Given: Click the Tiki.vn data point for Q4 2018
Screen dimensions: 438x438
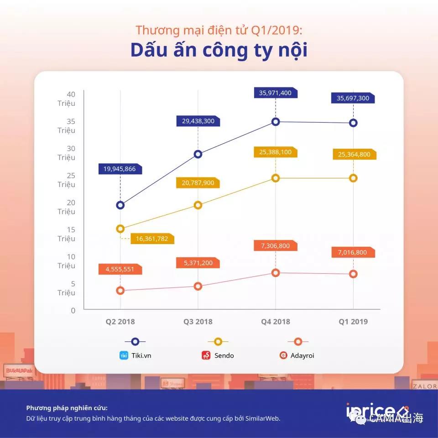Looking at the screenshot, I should pyautogui.click(x=276, y=122).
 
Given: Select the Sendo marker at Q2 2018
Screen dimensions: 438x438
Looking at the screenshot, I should pyautogui.click(x=120, y=229).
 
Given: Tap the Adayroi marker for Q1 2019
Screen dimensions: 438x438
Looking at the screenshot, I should pyautogui.click(x=353, y=274).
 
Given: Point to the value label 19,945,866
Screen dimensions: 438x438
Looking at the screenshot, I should pyautogui.click(x=120, y=169).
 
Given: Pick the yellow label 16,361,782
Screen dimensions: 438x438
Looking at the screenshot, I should pyautogui.click(x=152, y=239).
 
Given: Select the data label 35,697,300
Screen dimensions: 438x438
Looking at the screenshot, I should pyautogui.click(x=352, y=98).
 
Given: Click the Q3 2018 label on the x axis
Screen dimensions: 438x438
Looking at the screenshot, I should pyautogui.click(x=198, y=322).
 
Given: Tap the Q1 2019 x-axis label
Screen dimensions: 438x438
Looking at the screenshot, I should pyautogui.click(x=353, y=322).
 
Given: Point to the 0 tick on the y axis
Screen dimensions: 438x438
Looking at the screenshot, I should pyautogui.click(x=73, y=311).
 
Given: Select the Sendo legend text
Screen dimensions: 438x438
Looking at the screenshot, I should pyautogui.click(x=224, y=355).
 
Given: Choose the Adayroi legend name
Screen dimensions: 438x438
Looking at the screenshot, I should pyautogui.click(x=302, y=355).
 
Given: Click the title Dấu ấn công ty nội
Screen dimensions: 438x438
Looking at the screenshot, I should pyautogui.click(x=219, y=50).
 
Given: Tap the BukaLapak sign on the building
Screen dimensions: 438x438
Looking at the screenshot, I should pyautogui.click(x=20, y=370).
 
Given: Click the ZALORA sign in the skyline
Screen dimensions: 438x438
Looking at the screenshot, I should pyautogui.click(x=424, y=386).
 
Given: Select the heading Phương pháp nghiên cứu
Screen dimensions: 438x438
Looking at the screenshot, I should pyautogui.click(x=67, y=408).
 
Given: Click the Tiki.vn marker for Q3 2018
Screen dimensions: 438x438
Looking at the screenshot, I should pyautogui.click(x=198, y=154).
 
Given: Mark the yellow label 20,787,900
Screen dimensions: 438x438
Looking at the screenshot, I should pyautogui.click(x=197, y=183).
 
